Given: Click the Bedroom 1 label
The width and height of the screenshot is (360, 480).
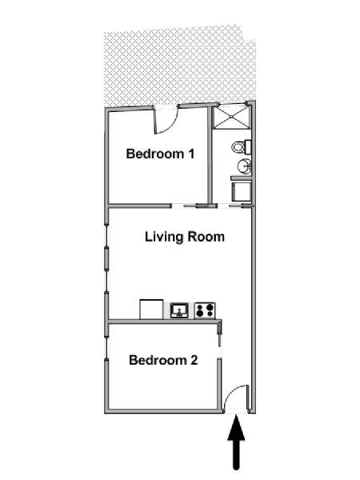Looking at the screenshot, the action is [160, 154].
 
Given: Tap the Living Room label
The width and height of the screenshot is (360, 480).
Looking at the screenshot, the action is [185, 237].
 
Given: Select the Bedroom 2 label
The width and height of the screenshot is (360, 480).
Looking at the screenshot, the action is [163, 360].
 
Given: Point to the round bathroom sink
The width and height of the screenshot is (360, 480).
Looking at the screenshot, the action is [244, 166].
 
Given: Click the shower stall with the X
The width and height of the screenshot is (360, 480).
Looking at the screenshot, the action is [231, 118].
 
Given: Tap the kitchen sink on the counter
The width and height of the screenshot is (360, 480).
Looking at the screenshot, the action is [179, 310].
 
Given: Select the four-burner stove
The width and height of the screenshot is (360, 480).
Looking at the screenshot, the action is [205, 310].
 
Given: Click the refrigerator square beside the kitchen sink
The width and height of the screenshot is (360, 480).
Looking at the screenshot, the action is [151, 310].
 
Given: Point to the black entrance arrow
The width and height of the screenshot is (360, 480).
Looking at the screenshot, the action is [236, 442].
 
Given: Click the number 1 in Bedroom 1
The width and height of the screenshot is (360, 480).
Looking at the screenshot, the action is [191, 154].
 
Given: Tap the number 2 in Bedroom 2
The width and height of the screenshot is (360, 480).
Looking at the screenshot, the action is [194, 360].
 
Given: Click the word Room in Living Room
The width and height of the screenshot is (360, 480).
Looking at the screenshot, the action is [206, 237].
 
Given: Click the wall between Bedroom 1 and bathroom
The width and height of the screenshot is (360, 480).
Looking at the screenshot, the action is [210, 154].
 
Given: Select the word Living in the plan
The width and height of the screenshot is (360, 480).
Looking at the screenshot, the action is [164, 238].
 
